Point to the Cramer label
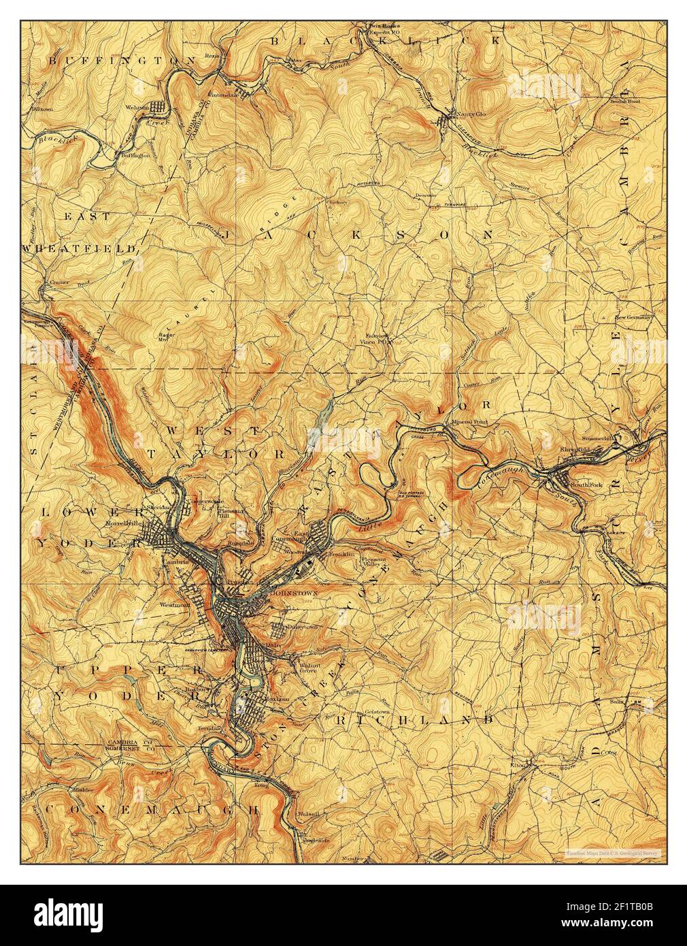[54, 281]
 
